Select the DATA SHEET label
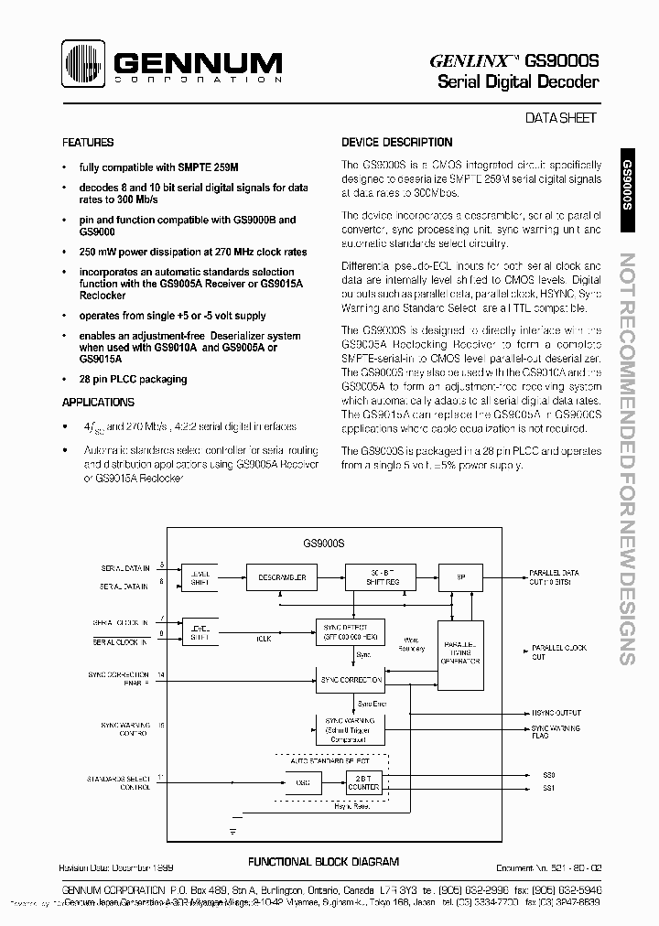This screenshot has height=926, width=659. pos(560,118)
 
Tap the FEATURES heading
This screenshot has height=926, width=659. pos(88,143)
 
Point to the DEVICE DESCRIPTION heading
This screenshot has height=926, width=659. pos(396,143)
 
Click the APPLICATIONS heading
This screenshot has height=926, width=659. pos(98,403)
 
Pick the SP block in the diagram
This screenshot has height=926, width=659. pos(461,578)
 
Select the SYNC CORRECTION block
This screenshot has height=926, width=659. pos(347,681)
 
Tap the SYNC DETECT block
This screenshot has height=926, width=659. pos(347,630)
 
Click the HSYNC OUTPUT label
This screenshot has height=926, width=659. pos(556,713)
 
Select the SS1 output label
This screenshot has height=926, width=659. pos(549,788)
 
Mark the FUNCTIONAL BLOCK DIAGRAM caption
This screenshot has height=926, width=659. pos(324,862)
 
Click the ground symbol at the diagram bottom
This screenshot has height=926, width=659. pos(233,831)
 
